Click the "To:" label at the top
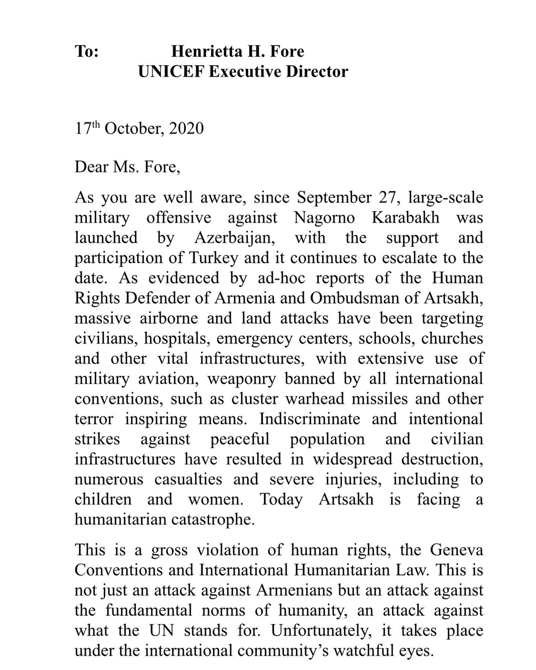click(87, 51)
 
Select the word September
click(334, 197)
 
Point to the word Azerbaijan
click(234, 237)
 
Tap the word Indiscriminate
click(310, 418)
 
